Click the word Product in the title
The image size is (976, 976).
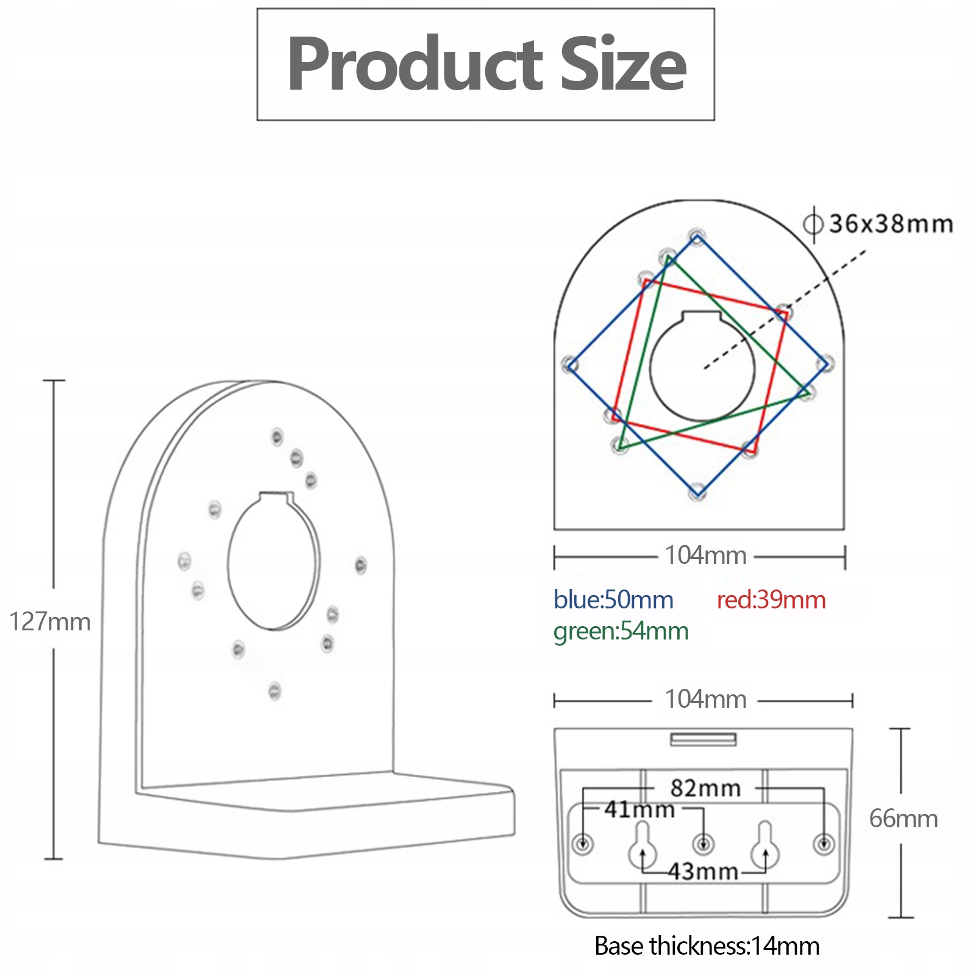[415, 64]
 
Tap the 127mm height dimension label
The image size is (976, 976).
[50, 622]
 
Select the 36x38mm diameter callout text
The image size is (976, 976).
[891, 224]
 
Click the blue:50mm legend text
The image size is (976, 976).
[613, 600]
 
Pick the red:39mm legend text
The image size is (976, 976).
[771, 600]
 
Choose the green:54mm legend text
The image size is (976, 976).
[621, 631]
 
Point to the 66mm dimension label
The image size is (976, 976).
[903, 819]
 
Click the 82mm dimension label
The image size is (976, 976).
[705, 788]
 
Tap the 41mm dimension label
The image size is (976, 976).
[639, 810]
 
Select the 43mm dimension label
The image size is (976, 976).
[704, 872]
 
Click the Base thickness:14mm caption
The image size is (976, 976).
[707, 946]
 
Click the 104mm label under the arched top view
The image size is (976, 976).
[705, 555]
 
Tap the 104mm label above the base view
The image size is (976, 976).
[705, 699]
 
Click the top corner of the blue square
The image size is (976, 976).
[697, 237]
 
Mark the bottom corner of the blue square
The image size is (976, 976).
[699, 492]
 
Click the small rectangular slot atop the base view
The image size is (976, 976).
[704, 739]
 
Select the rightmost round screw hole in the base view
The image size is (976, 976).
[824, 844]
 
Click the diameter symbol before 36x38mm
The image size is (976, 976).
[813, 224]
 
